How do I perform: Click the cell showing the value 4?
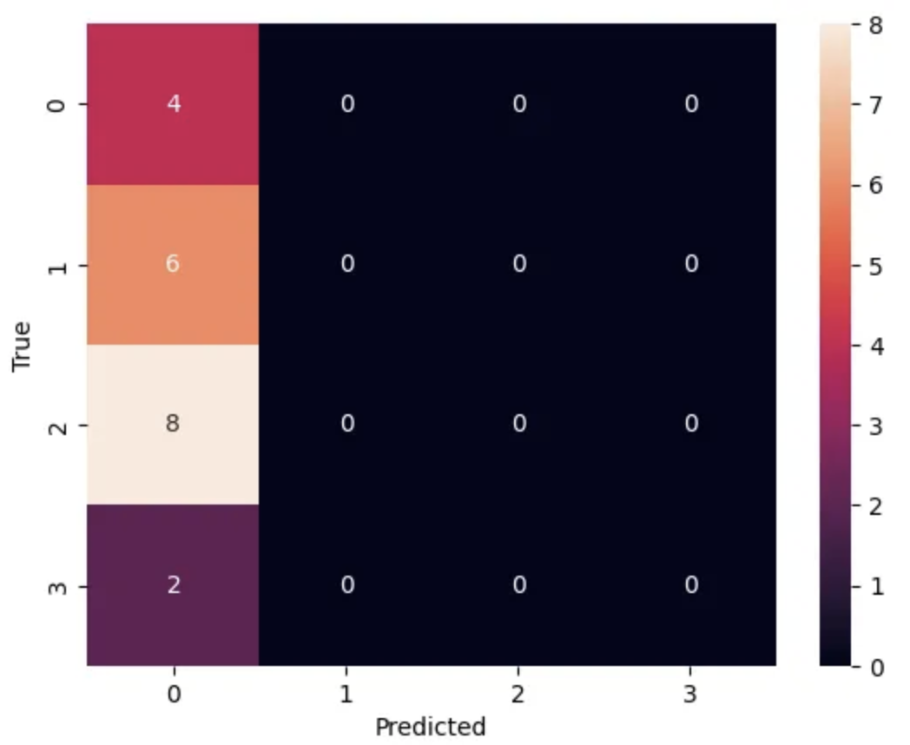173,104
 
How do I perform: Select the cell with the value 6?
173,264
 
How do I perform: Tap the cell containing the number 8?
173,425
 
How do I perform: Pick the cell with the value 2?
173,585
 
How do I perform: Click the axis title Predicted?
430,726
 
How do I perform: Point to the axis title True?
23,346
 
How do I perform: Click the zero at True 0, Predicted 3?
690,104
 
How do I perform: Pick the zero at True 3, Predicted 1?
346,585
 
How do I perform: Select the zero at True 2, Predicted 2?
518,425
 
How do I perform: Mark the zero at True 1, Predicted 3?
690,264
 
